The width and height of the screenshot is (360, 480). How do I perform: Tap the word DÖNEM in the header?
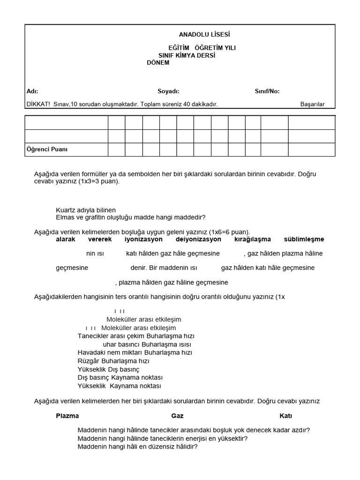point(158,63)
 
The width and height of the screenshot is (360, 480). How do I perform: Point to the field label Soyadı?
point(168,91)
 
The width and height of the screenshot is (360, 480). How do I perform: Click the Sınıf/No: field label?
point(267,91)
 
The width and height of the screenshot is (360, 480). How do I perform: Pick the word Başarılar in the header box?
point(312,104)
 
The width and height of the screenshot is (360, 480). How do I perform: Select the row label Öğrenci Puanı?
point(46,150)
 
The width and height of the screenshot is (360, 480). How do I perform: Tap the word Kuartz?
point(66,210)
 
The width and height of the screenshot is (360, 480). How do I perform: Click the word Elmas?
point(65,217)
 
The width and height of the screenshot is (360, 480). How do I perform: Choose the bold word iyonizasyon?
point(143,239)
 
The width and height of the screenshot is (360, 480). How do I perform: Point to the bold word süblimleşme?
point(304,239)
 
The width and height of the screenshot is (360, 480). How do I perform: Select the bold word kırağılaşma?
point(252,239)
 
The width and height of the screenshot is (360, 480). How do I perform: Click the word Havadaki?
point(90,352)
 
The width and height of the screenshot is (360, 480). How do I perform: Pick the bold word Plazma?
point(67,416)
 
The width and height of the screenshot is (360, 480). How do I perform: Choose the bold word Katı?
point(285,416)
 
